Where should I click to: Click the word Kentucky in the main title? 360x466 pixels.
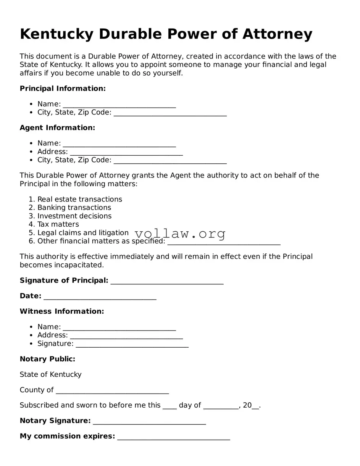[x=56, y=34]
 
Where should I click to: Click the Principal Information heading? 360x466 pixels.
[x=63, y=89]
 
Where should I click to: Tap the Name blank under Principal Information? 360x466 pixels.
[x=119, y=105]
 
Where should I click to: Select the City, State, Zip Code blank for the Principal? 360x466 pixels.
[x=170, y=113]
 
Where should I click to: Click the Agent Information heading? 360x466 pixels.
[x=57, y=128]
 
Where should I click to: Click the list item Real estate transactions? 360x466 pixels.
[x=79, y=199]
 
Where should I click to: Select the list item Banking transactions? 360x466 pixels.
[x=74, y=208]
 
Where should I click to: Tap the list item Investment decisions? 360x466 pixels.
[x=74, y=216]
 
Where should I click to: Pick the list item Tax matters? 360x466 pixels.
[x=58, y=224]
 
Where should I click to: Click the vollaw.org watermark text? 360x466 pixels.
[x=180, y=233]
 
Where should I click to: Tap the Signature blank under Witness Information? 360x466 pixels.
[x=132, y=344]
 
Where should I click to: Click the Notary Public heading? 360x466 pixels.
[x=47, y=359]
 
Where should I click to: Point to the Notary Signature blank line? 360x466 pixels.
[x=149, y=421]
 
